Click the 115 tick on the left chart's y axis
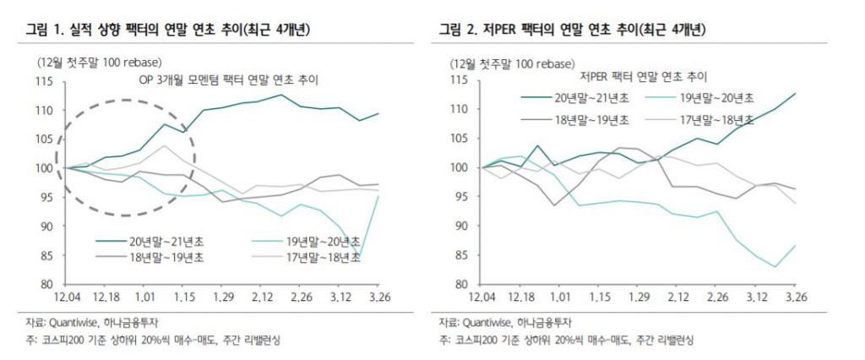pyautogui.click(x=45, y=81)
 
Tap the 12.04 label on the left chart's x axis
pyautogui.click(x=66, y=298)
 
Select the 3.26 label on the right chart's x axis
pyautogui.click(x=796, y=298)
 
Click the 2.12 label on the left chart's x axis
pyautogui.click(x=268, y=298)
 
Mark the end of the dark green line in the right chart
pyautogui.click(x=796, y=93)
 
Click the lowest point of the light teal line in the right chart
pyautogui.click(x=775, y=267)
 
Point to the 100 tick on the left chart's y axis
pyautogui.click(x=45, y=168)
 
